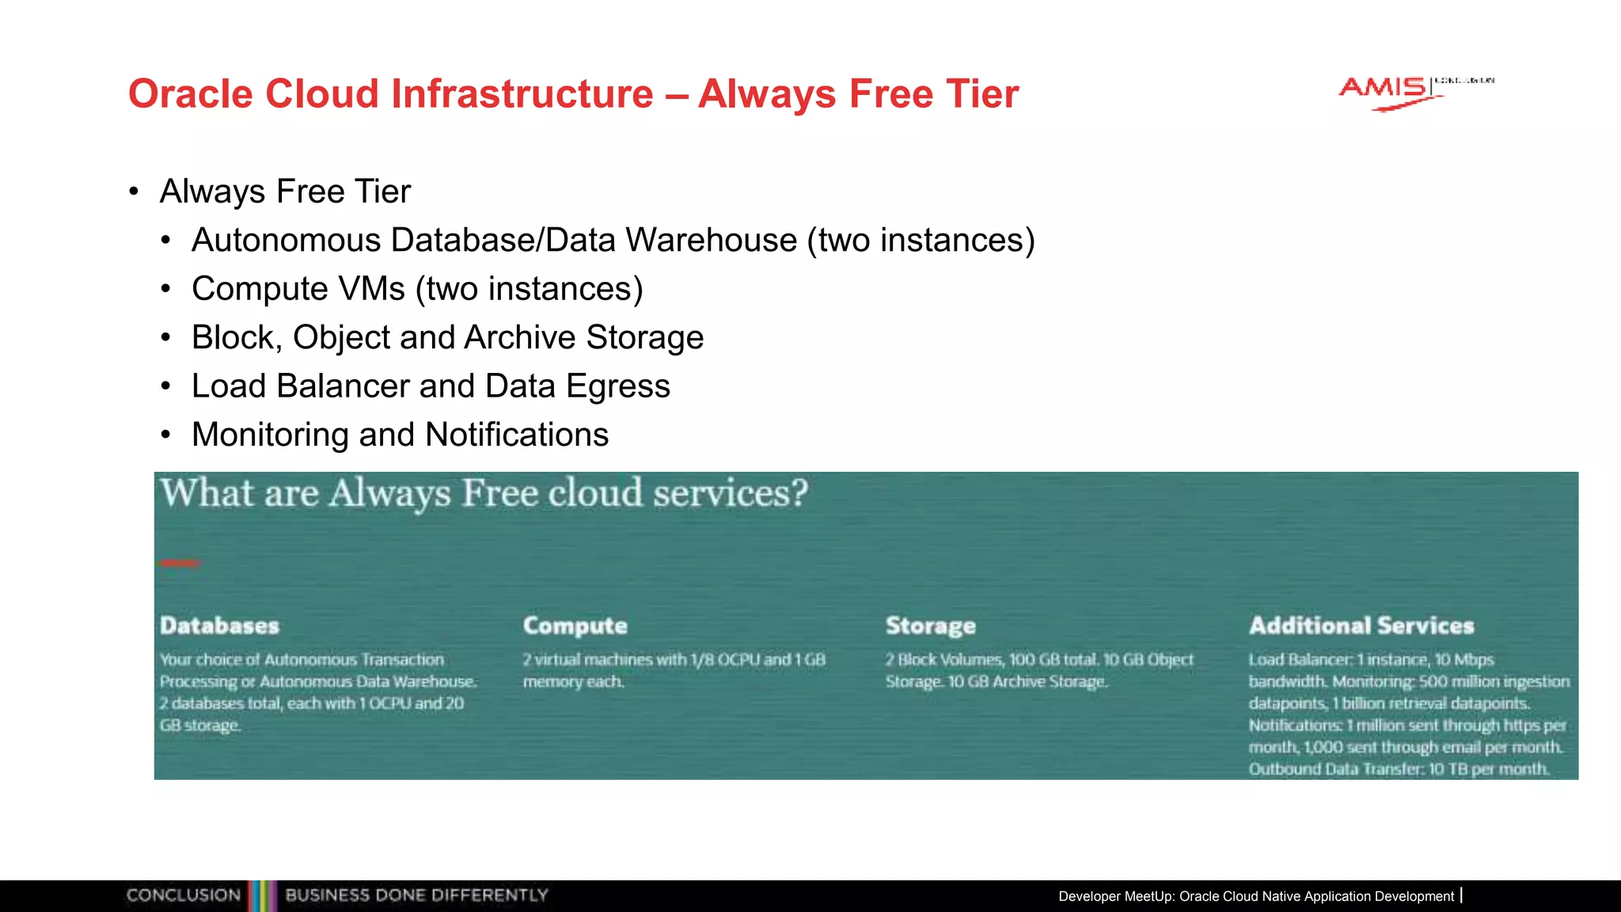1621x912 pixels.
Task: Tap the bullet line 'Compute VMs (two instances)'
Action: point(417,289)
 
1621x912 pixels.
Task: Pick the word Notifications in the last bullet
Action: point(516,435)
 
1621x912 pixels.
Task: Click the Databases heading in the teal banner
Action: point(219,625)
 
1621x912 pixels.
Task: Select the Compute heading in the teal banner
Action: point(575,625)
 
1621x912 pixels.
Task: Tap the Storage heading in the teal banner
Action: point(930,625)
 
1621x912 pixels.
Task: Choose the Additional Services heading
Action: point(1361,625)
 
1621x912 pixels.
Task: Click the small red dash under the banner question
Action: point(180,564)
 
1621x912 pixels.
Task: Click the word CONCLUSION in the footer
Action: point(183,895)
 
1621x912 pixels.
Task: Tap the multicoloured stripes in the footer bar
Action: point(262,896)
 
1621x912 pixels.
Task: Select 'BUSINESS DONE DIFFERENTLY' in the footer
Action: point(416,895)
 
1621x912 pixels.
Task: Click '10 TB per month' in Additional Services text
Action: point(1488,769)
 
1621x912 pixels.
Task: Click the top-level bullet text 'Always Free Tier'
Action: point(285,192)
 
